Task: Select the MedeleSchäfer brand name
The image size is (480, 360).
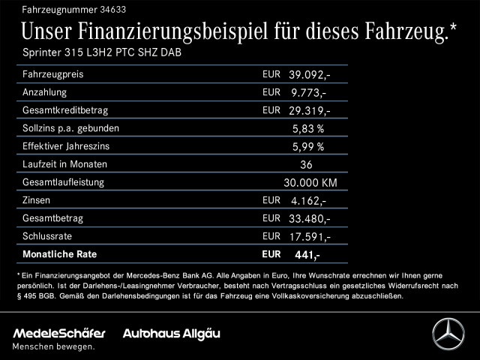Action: [59, 332]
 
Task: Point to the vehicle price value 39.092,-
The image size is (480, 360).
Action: [309, 75]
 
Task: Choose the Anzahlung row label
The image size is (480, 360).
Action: [44, 92]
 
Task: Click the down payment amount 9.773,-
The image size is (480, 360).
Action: [308, 93]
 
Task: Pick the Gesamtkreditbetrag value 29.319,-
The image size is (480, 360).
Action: [309, 111]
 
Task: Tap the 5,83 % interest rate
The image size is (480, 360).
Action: [308, 129]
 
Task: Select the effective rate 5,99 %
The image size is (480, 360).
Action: [308, 147]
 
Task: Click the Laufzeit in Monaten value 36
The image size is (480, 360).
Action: [305, 164]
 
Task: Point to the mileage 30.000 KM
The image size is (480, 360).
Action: [310, 182]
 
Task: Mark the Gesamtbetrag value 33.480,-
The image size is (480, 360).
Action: [309, 219]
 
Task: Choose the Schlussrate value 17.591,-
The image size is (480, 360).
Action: [309, 237]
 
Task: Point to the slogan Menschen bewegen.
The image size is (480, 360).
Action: [54, 346]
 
